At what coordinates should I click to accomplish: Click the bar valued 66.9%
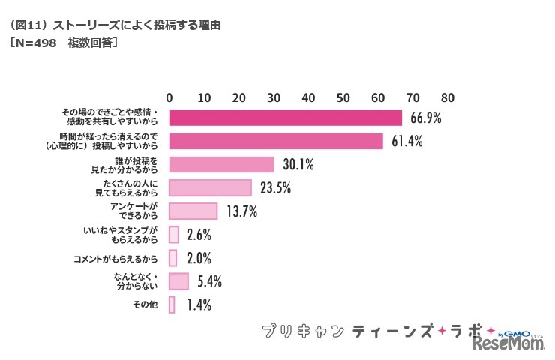tap(286, 118)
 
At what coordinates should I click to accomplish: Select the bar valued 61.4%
tap(276, 141)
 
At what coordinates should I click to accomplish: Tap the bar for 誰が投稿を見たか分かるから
tap(221, 164)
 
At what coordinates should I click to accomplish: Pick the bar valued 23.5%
tap(210, 187)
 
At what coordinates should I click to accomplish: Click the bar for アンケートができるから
tap(193, 211)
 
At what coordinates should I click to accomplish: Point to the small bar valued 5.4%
tap(178, 280)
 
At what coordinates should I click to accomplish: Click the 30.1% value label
tap(297, 165)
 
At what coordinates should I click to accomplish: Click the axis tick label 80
tap(448, 97)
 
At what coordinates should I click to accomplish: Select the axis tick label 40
tap(309, 97)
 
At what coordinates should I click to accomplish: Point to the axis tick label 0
tap(170, 97)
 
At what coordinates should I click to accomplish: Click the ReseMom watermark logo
tap(507, 344)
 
